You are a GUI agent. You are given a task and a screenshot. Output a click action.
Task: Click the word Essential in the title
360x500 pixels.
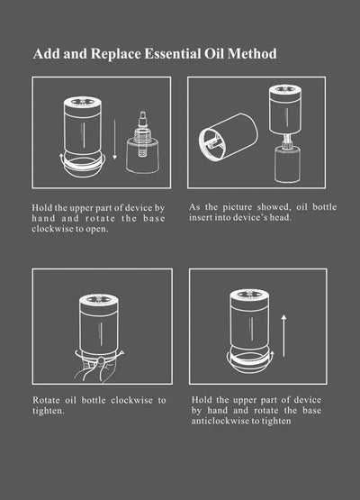pos(173,53)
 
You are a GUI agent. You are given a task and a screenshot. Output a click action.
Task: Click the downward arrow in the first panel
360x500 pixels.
pos(114,140)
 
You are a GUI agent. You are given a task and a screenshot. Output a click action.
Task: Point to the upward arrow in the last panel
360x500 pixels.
pos(283,336)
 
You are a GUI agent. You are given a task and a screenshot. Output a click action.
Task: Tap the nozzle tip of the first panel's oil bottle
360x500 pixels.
pos(142,114)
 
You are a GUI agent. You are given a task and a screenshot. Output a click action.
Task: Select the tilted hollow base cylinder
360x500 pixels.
pos(228,137)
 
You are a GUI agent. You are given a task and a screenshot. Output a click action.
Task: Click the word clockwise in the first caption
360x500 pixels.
pos(51,229)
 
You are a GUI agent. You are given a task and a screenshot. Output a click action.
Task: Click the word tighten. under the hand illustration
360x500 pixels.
pos(49,411)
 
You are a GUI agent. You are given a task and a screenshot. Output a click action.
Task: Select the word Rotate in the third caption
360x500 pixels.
pos(46,400)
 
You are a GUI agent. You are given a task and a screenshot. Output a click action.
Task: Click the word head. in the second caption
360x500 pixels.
pos(281,217)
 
